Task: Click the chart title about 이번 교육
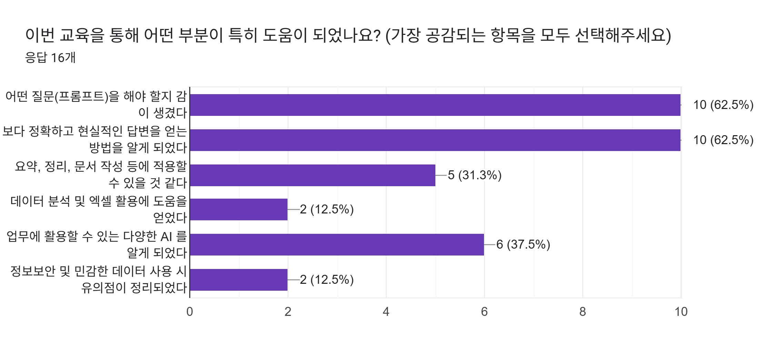pyautogui.click(x=348, y=35)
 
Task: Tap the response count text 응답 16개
pyautogui.click(x=50, y=58)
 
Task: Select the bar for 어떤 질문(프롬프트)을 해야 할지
pyautogui.click(x=435, y=105)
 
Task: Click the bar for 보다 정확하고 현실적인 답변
pyautogui.click(x=435, y=140)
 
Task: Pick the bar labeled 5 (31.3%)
pyautogui.click(x=312, y=175)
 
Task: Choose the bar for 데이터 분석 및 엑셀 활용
pyautogui.click(x=239, y=209)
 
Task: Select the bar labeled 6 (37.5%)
pyautogui.click(x=337, y=244)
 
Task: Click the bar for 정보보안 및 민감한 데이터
pyautogui.click(x=239, y=280)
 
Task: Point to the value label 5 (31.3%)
pyautogui.click(x=474, y=175)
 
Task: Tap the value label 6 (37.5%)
pyautogui.click(x=523, y=244)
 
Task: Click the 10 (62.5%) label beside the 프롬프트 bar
pyautogui.click(x=723, y=105)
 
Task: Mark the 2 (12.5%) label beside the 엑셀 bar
pyautogui.click(x=326, y=209)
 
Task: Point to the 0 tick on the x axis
pyautogui.click(x=190, y=312)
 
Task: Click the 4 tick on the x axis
pyautogui.click(x=386, y=312)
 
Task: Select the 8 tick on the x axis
pyautogui.click(x=583, y=312)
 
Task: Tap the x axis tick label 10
pyautogui.click(x=681, y=312)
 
